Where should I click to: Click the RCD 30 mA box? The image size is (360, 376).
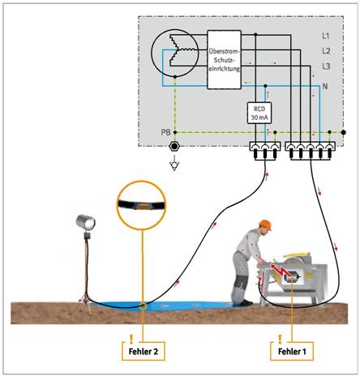(x=259, y=113)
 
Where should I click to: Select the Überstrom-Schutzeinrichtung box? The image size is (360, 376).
(x=224, y=60)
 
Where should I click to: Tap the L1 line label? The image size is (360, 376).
(x=326, y=36)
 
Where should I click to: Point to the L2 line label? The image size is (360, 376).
(x=326, y=51)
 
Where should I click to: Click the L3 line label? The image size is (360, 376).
(x=326, y=66)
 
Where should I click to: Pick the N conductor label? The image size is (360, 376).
(x=325, y=87)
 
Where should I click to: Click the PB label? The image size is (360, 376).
(x=165, y=133)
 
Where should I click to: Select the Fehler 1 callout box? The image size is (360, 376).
(x=292, y=351)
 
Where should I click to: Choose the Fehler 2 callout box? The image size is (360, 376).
(x=144, y=351)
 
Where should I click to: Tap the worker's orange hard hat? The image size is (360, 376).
(x=265, y=224)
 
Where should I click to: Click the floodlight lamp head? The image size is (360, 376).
(x=85, y=222)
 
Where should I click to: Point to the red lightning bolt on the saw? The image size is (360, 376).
(x=279, y=271)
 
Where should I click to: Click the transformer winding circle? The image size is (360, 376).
(x=174, y=53)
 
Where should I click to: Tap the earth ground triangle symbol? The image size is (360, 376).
(x=174, y=165)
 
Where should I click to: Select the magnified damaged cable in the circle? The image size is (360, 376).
(x=142, y=206)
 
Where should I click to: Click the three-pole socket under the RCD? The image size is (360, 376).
(x=265, y=151)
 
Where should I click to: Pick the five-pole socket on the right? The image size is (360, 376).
(x=311, y=151)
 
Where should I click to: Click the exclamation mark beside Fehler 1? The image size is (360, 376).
(x=280, y=339)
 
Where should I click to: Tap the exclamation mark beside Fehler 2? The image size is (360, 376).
(x=131, y=339)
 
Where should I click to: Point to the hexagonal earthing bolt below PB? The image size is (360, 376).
(x=174, y=147)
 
